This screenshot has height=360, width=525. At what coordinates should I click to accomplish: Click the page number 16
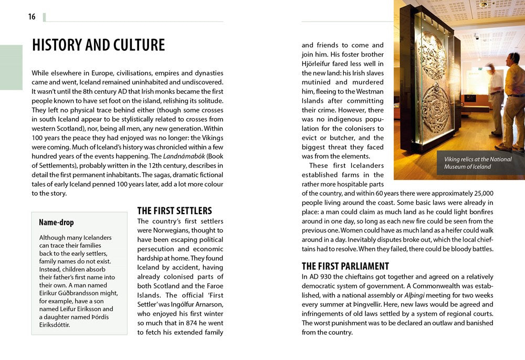tap(32, 17)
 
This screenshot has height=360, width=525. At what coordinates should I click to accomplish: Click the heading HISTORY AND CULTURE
tap(98, 45)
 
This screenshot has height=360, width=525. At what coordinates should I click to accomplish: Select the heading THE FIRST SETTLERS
tap(174, 211)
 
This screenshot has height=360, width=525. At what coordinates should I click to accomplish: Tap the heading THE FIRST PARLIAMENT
tap(345, 266)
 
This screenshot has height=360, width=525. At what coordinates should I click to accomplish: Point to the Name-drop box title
tap(56, 223)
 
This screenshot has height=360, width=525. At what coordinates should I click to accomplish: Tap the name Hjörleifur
tap(317, 63)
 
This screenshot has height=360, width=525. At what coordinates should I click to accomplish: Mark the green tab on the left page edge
tap(11, 67)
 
